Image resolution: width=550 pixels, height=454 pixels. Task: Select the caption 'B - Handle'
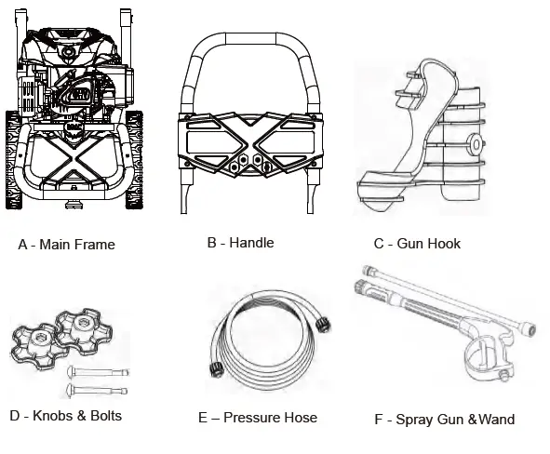coord(240,243)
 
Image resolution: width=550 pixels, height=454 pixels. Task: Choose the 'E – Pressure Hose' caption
coord(258,418)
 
